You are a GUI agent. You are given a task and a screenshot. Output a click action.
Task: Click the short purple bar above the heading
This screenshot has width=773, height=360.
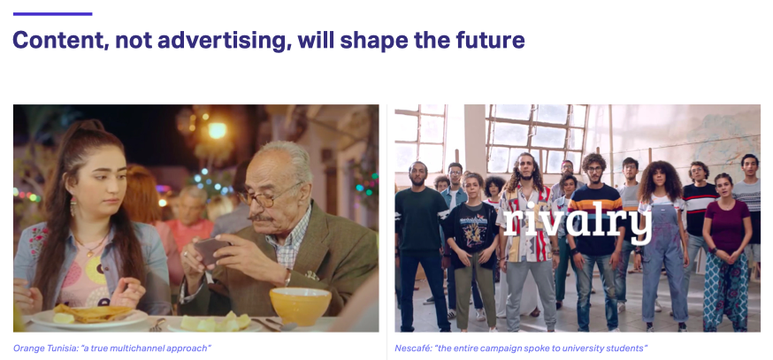[x=52, y=14]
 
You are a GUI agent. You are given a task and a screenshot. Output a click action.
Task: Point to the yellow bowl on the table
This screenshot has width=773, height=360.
[x=300, y=306]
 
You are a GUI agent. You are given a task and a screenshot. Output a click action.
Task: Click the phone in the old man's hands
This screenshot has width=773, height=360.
[x=210, y=250]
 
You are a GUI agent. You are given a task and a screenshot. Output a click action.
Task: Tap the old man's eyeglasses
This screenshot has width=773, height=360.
[x=269, y=196]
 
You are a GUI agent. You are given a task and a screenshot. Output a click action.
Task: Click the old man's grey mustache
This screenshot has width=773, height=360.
[x=259, y=218]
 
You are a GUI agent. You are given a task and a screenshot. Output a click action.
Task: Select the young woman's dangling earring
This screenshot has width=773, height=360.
[x=73, y=206]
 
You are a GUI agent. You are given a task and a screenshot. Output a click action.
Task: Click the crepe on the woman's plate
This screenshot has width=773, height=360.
[x=91, y=314]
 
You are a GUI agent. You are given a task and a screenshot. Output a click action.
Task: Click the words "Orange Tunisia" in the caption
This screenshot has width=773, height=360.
[x=45, y=349]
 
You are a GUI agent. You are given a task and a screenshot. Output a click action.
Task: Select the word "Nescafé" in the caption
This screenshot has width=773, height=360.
[x=412, y=349]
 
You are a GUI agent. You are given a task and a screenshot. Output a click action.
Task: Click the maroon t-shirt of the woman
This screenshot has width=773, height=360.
[x=726, y=226]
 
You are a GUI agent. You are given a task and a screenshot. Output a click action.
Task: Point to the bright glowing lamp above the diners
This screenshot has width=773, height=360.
[x=217, y=130]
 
